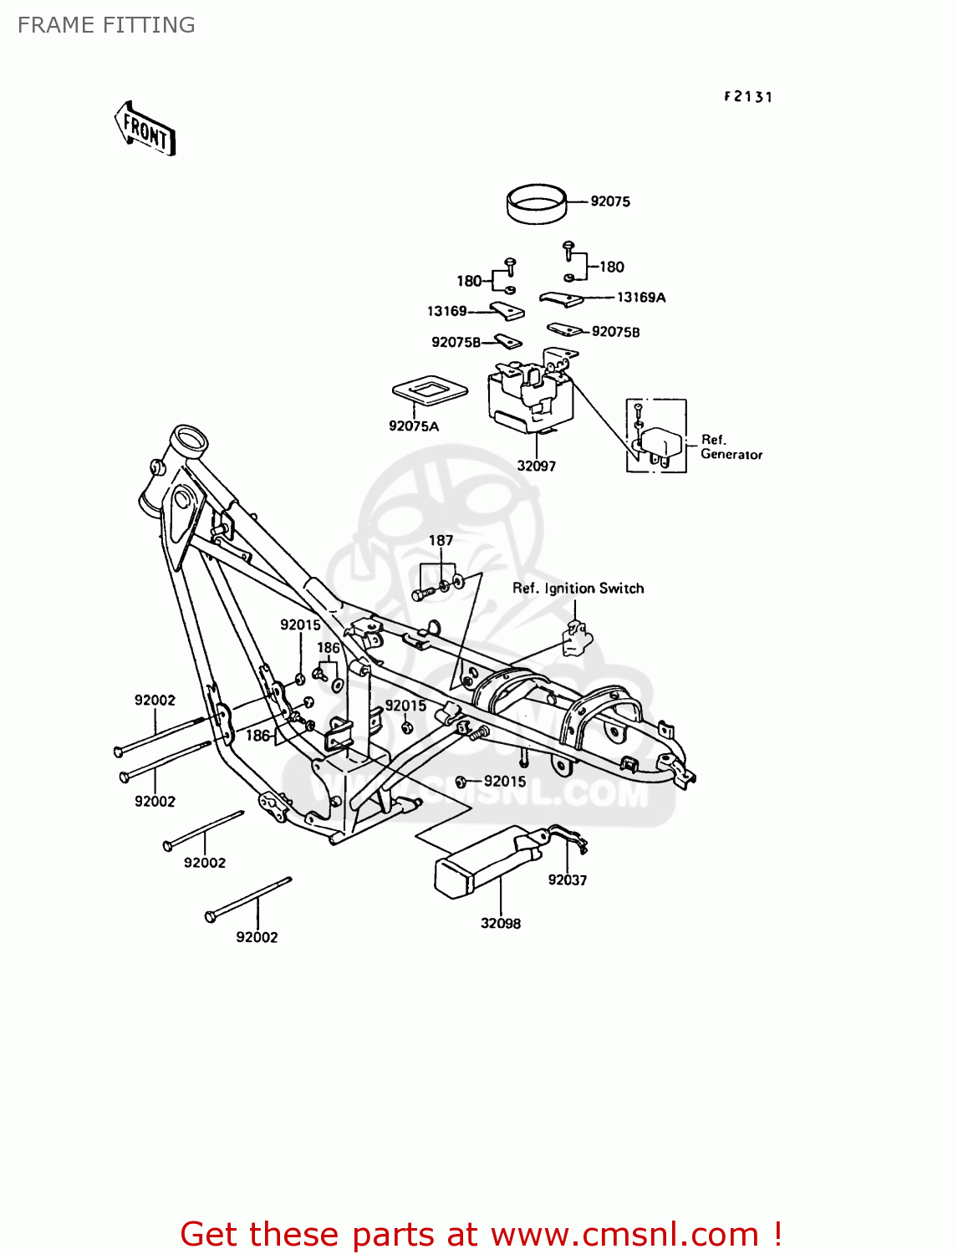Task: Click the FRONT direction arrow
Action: coord(145,130)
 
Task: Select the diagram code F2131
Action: coord(748,97)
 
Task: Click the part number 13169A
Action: coord(641,298)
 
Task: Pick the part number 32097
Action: coord(536,466)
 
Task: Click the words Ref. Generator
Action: coord(731,447)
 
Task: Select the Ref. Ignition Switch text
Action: coord(578,589)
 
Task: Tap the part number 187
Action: coord(441,541)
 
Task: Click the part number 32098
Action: coord(500,924)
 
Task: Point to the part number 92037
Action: coord(568,880)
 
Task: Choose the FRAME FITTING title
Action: coord(106,25)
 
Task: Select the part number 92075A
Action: coord(414,426)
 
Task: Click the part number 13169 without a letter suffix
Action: coord(447,312)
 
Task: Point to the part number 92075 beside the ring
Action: coord(610,201)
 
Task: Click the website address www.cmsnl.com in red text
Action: coord(625,1235)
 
